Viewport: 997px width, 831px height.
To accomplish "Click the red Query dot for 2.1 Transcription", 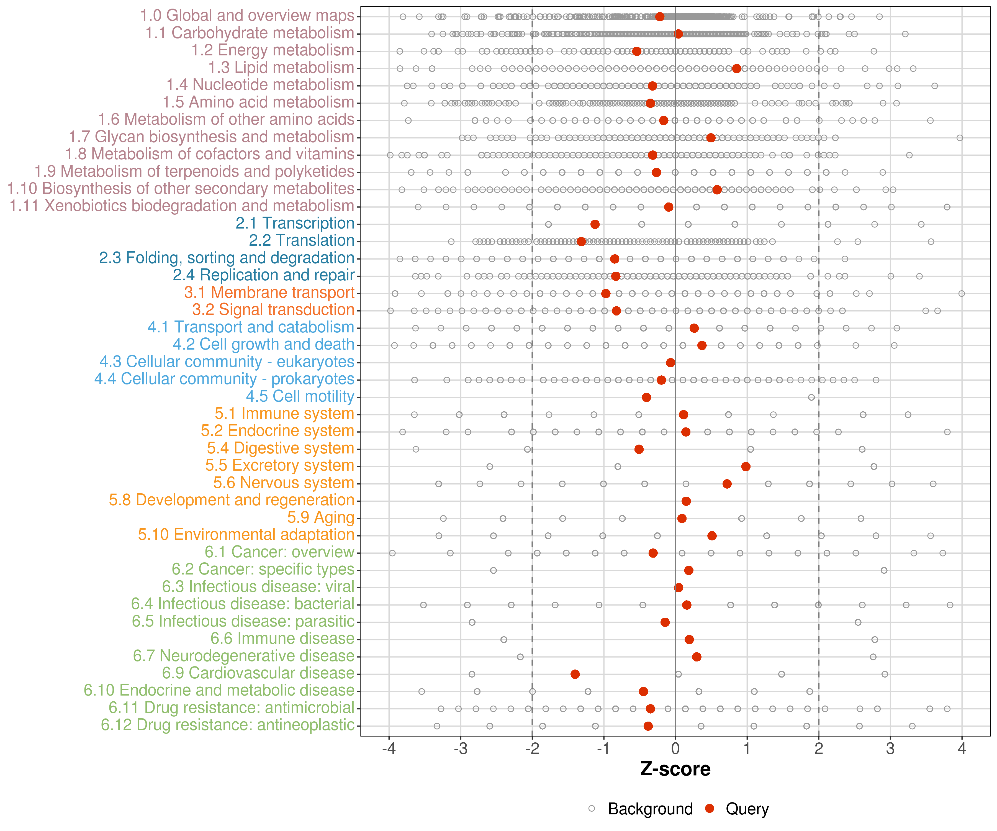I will point(595,224).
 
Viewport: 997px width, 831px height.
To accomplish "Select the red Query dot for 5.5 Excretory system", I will point(746,466).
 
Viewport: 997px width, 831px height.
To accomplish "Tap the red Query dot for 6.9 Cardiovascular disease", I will point(575,674).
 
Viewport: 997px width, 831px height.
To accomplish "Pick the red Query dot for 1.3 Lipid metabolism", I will point(736,68).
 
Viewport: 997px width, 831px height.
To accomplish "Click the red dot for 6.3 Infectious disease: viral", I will point(679,588).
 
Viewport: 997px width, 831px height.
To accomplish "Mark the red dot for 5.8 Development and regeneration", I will point(686,501).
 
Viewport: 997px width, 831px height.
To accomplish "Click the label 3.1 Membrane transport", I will point(269,293).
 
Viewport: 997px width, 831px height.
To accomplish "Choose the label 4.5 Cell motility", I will point(300,396).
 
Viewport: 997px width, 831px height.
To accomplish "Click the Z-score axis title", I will point(675,769).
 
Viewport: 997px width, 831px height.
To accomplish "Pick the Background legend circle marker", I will point(592,808).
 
